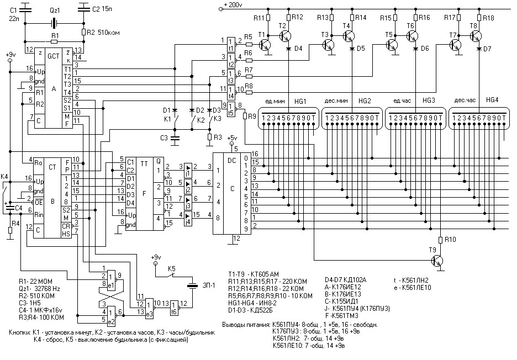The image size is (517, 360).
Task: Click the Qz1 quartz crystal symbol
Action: (x=54, y=24)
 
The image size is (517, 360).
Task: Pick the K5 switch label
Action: (x=172, y=269)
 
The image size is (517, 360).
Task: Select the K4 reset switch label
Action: (x=5, y=177)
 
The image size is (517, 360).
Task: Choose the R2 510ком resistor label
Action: (x=101, y=31)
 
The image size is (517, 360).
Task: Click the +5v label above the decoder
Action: (x=234, y=138)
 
